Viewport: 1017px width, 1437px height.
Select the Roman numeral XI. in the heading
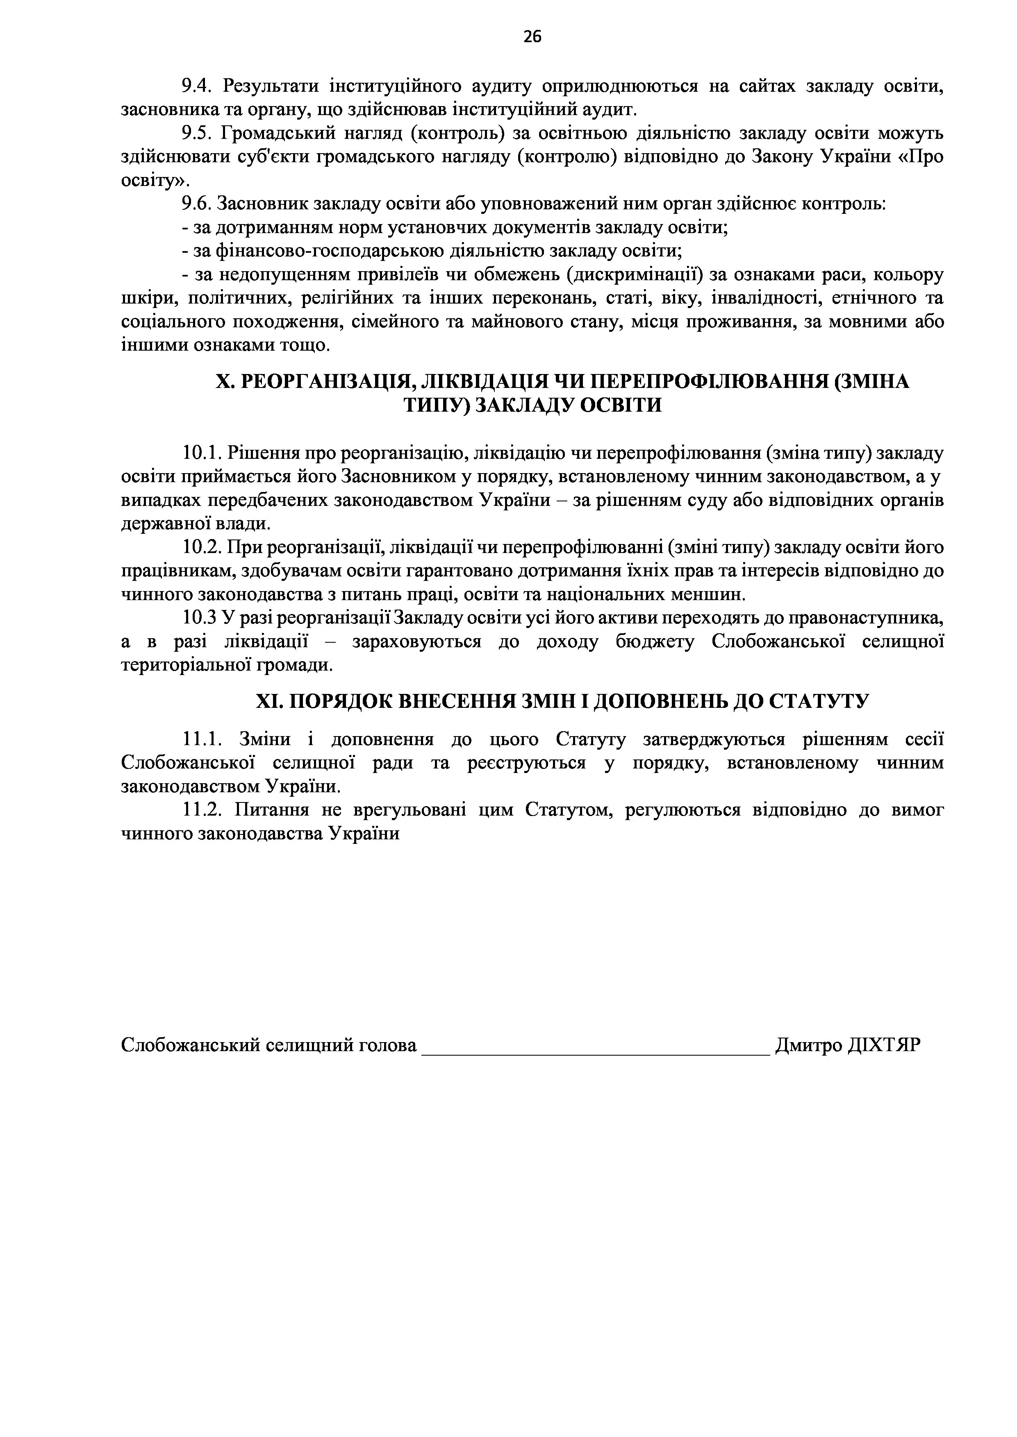click(x=271, y=702)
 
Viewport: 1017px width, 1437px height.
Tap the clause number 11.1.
click(x=202, y=740)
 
